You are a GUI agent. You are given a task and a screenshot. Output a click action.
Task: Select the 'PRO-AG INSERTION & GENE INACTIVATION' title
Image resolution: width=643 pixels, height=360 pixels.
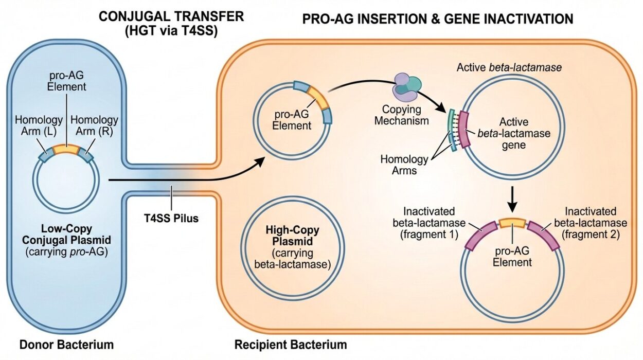[x=437, y=19]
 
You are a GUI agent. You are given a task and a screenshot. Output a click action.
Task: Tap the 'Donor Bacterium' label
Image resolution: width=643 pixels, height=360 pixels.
[x=66, y=344]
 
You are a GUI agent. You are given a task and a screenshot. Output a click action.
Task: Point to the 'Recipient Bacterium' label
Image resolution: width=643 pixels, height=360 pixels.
[x=291, y=344]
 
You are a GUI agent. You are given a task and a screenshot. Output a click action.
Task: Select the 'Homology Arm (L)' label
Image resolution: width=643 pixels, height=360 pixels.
[x=39, y=126]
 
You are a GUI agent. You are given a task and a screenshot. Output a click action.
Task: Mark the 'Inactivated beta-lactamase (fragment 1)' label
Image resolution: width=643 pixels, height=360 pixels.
[x=435, y=223]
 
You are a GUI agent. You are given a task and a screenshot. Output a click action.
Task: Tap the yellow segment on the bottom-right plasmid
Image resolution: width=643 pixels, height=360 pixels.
[x=512, y=223]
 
